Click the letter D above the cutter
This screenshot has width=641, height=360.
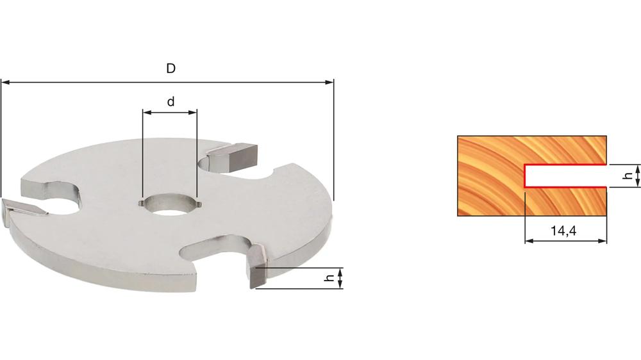coord(171,69)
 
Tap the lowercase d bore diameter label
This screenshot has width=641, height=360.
coord(171,101)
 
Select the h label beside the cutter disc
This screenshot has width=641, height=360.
coord(328,279)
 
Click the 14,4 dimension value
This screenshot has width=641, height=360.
coord(565,231)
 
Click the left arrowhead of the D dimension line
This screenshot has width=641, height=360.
coord(5,82)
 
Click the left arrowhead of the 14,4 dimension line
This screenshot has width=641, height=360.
coord(529,241)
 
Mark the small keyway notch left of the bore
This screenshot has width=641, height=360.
coord(140,204)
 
